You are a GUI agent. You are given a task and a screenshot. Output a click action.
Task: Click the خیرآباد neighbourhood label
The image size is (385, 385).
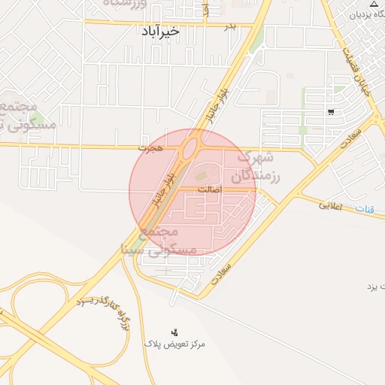coord(159,32)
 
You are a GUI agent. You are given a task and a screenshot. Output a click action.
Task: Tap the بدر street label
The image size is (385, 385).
coord(231,26)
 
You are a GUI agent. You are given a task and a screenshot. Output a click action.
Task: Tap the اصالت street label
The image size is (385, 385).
coord(210,190)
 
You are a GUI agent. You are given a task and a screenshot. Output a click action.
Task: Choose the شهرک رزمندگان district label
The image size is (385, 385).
coord(256,168)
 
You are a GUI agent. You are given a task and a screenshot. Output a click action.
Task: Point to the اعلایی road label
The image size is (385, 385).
coord(330,204)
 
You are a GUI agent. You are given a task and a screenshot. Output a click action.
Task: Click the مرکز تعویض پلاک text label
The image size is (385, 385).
coord(174,344)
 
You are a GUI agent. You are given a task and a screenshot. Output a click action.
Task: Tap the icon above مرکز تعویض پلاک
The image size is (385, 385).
coord(174,332)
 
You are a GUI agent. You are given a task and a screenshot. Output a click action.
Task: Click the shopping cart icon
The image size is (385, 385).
coord(331,112)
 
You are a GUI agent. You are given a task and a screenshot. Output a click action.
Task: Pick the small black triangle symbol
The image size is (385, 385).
coord(374,5)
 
